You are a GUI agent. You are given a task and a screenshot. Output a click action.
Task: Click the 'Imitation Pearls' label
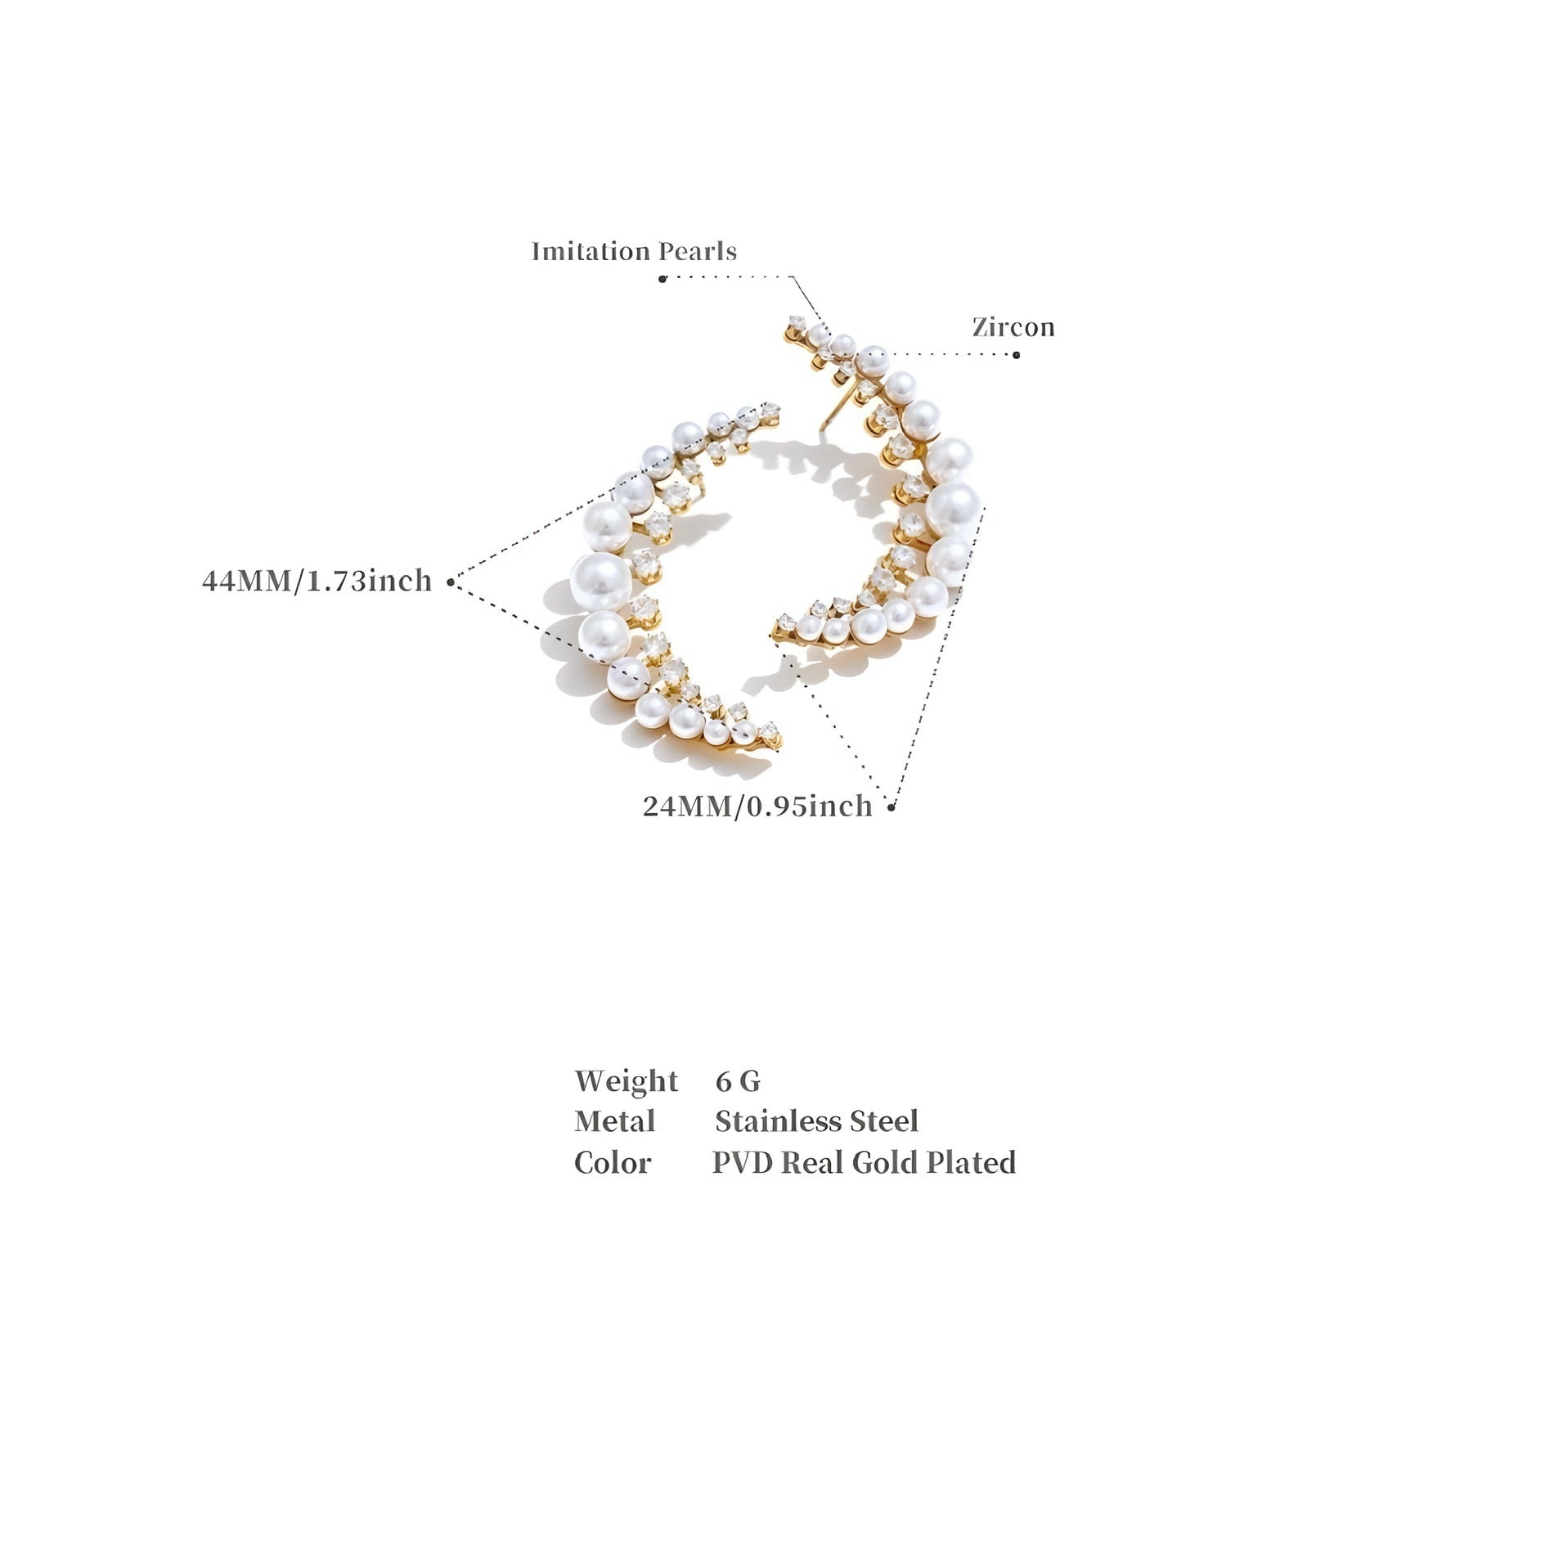[x=634, y=251]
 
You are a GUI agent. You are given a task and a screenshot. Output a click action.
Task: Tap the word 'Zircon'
[x=1013, y=327]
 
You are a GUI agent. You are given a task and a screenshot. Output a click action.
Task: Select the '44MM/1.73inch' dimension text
[x=317, y=581]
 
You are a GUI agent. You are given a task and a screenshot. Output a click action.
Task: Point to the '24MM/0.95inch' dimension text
[x=757, y=806]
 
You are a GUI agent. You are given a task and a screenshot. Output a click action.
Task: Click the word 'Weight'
[x=626, y=1081]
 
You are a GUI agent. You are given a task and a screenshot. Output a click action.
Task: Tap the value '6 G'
[x=738, y=1081]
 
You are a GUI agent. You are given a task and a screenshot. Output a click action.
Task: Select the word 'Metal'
[x=614, y=1121]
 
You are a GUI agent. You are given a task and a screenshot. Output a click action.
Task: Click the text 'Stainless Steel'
[x=816, y=1121]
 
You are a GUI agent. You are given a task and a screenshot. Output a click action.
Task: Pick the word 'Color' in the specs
[x=613, y=1162]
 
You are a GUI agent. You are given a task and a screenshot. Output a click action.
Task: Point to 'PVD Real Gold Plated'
[x=864, y=1162]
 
